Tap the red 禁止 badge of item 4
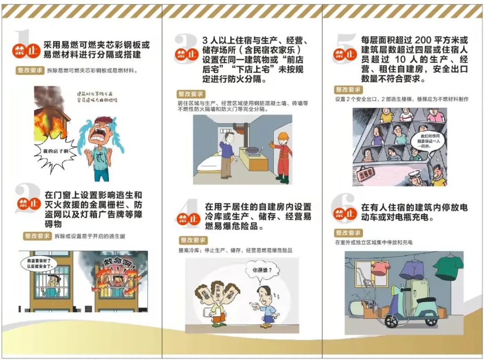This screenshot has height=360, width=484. coord(188,219)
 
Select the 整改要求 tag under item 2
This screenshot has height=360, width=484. coord(37,236)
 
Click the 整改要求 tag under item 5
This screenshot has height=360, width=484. coord(348,90)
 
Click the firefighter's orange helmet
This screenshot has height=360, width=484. coord(282,136)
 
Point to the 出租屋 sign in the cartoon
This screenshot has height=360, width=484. coord(365,173)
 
